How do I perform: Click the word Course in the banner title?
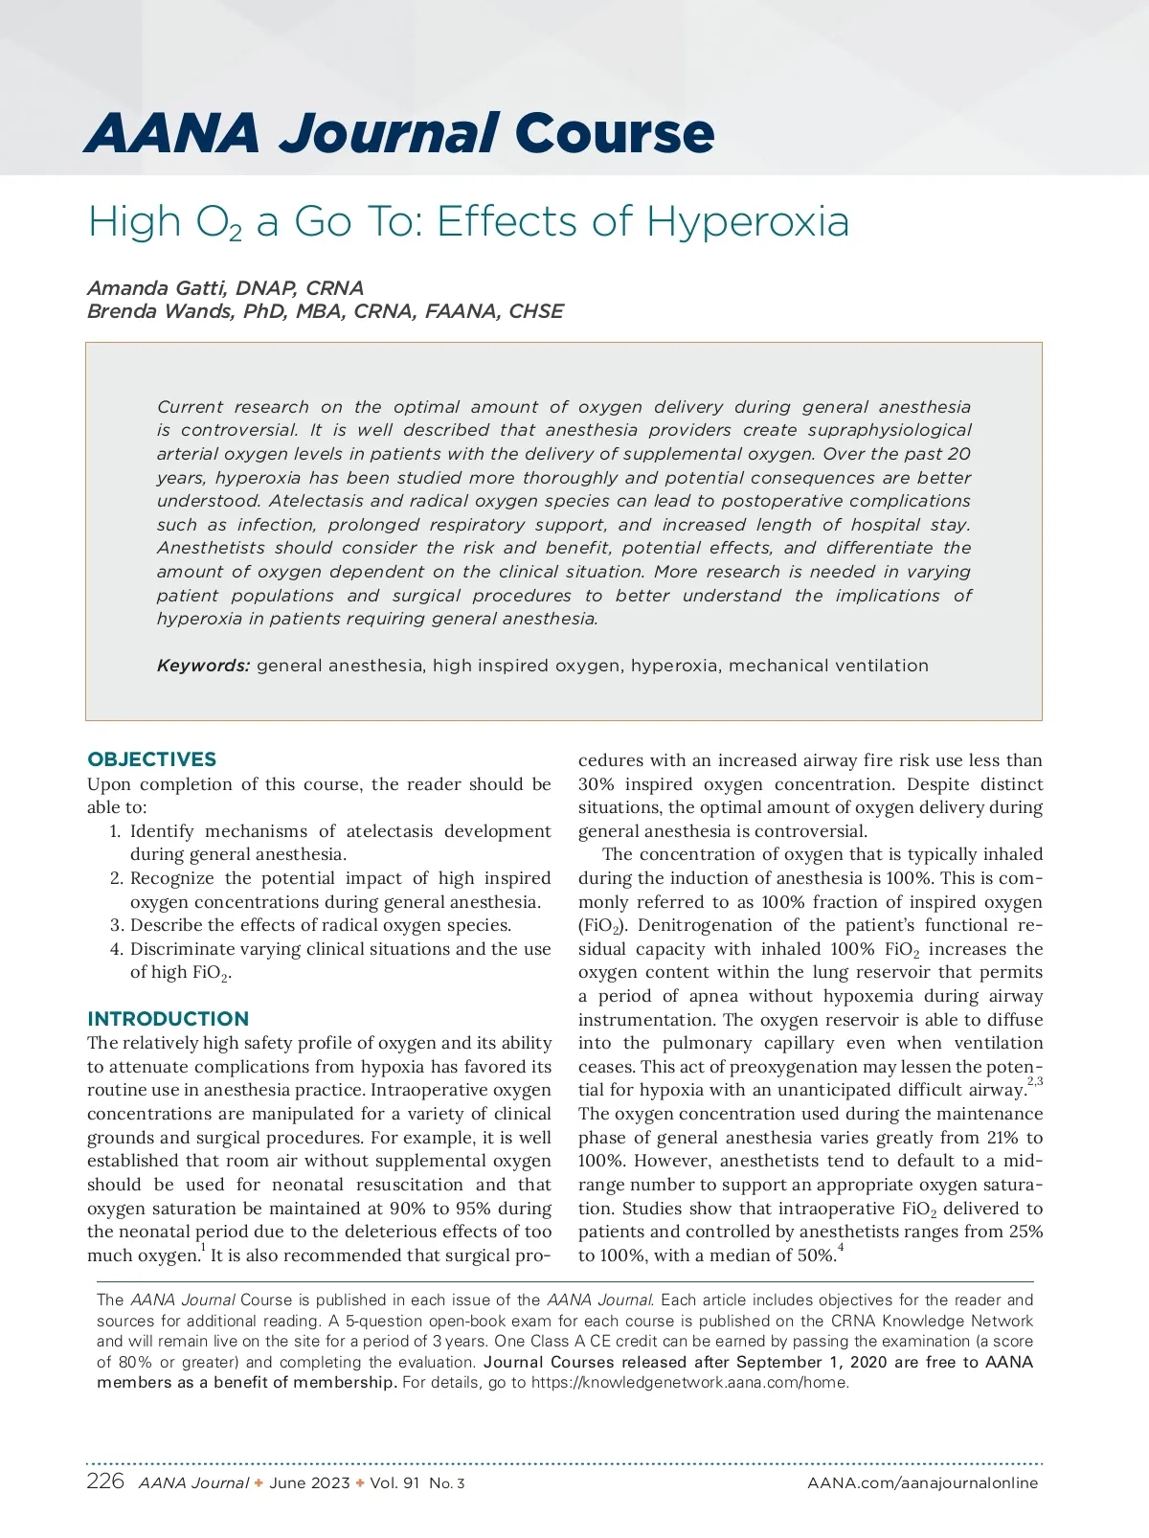615,133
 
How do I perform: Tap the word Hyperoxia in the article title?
747,221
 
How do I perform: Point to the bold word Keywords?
203,666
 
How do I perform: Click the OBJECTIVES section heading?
151,759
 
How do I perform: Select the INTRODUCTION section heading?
168,1019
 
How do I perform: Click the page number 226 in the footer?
105,1481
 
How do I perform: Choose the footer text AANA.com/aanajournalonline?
922,1483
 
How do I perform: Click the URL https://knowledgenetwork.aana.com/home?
689,1383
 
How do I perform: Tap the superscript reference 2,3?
1034,1082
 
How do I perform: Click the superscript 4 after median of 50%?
841,1248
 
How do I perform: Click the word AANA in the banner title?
172,133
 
